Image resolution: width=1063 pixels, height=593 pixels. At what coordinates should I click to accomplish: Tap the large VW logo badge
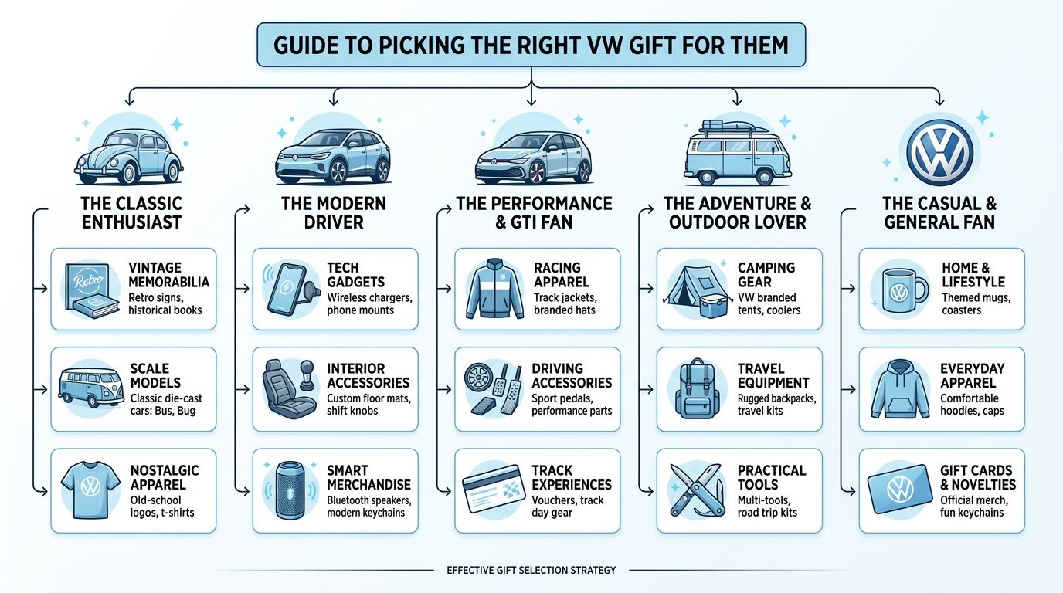[x=939, y=151]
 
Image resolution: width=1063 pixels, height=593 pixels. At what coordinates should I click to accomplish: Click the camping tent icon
[x=694, y=289]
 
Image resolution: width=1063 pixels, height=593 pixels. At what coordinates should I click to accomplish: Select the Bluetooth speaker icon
[x=290, y=491]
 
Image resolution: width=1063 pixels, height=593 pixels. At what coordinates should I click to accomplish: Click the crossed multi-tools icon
[x=695, y=491]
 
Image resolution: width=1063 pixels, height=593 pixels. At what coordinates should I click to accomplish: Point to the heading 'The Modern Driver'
[x=333, y=213]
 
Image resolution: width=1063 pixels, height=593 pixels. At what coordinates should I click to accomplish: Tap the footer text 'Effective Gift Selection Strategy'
[x=531, y=571]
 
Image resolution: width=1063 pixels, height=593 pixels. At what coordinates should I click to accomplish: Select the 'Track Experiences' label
[x=571, y=477]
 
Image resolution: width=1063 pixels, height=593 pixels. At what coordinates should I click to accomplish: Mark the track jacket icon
[x=492, y=290]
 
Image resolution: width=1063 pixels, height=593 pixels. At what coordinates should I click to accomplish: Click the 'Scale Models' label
[x=155, y=376]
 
